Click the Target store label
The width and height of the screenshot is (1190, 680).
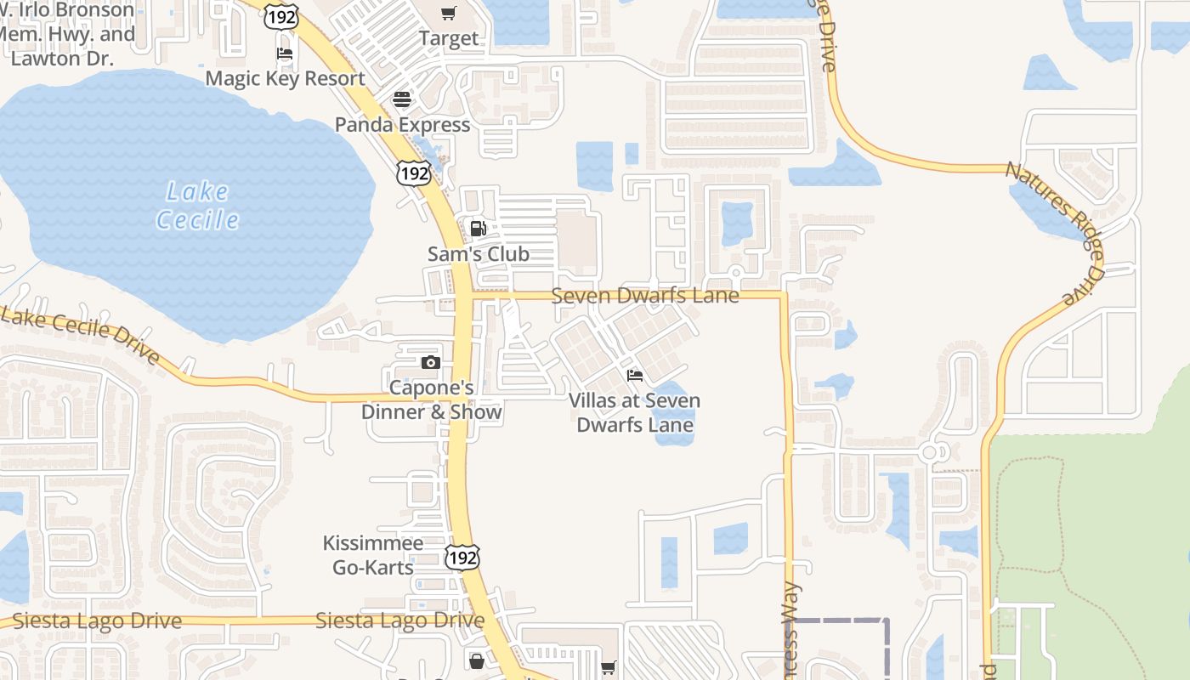pyautogui.click(x=448, y=39)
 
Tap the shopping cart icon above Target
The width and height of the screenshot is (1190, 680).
pyautogui.click(x=448, y=13)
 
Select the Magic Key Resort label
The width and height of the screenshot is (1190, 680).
pyautogui.click(x=285, y=78)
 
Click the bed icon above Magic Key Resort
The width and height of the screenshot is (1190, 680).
pyautogui.click(x=285, y=54)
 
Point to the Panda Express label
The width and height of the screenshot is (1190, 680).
pyautogui.click(x=401, y=125)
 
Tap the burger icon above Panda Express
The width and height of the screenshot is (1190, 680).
pyautogui.click(x=401, y=99)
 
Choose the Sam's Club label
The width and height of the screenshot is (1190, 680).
pyautogui.click(x=478, y=253)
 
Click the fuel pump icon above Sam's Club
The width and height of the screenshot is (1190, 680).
pyautogui.click(x=478, y=228)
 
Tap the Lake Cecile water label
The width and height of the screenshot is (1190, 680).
pyautogui.click(x=197, y=206)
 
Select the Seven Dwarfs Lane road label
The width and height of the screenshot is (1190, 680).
pyautogui.click(x=644, y=296)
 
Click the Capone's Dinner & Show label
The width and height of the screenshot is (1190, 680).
pyautogui.click(x=431, y=399)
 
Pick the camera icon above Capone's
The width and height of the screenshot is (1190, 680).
pyautogui.click(x=430, y=363)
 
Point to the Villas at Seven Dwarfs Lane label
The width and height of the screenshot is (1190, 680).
pyautogui.click(x=634, y=412)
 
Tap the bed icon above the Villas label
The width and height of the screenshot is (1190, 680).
pyautogui.click(x=634, y=375)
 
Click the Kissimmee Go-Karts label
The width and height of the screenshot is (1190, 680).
pyautogui.click(x=372, y=555)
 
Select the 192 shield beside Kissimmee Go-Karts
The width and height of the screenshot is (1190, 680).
pyautogui.click(x=462, y=557)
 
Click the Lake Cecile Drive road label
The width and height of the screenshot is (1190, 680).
pyautogui.click(x=81, y=334)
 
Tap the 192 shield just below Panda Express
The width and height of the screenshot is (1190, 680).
pyautogui.click(x=414, y=173)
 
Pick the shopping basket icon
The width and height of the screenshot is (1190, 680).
pyautogui.click(x=477, y=660)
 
